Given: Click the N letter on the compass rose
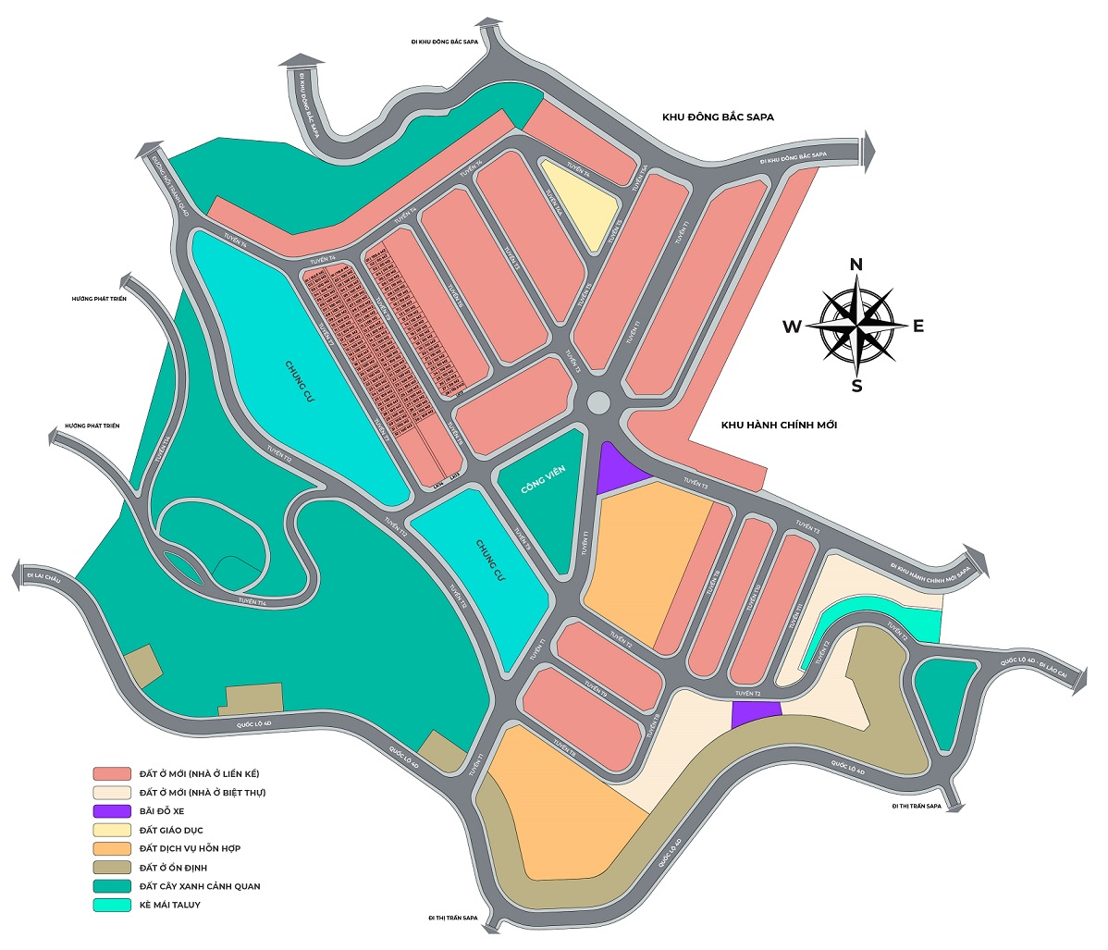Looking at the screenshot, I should [x=856, y=265].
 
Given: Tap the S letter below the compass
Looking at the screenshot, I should [x=857, y=386].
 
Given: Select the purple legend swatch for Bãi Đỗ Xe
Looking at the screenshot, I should [x=111, y=811].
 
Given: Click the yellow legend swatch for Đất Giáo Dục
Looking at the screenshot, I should [x=111, y=830].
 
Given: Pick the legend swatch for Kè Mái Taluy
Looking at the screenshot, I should [x=111, y=905].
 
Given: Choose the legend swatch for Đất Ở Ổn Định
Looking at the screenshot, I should [x=111, y=868].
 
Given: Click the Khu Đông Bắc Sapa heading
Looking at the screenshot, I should [x=718, y=117].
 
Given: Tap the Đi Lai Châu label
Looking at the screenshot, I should [x=43, y=577].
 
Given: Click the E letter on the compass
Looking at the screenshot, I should [x=918, y=326].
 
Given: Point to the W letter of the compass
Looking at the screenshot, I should [x=793, y=327].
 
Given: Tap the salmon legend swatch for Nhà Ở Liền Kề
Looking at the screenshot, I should [x=111, y=773].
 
